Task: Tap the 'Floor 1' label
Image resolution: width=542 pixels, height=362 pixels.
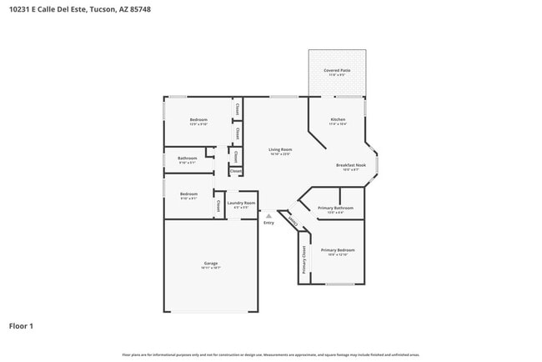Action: point(21,326)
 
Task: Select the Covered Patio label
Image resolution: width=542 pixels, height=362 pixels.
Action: point(337,70)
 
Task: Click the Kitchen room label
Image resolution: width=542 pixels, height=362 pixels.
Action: point(338,120)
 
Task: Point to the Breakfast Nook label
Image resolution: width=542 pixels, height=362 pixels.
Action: point(351,165)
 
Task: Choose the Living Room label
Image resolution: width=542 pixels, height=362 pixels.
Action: point(280,150)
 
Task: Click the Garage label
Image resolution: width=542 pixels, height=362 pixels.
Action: point(210,264)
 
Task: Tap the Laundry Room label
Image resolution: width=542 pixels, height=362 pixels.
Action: point(241,203)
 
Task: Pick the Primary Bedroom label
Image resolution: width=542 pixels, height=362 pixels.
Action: point(338,250)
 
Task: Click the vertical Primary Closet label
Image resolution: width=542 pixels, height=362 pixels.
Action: point(304,259)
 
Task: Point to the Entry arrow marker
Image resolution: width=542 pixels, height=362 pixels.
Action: point(268,215)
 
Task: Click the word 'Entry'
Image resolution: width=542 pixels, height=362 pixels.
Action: point(268,223)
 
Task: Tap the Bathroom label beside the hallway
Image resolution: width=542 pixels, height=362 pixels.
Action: point(187,158)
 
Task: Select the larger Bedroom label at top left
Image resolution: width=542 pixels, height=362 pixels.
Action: point(198,120)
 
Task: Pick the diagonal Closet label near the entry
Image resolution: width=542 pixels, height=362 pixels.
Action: point(292,221)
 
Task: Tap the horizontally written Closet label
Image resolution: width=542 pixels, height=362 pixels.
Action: point(236,171)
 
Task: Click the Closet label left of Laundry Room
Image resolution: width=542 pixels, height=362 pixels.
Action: point(218,204)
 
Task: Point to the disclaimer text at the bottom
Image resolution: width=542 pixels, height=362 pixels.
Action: point(271,354)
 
